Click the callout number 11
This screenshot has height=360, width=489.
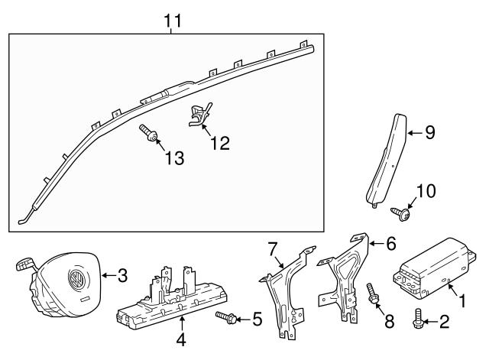coord(174,21)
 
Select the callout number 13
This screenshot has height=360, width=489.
coord(174,158)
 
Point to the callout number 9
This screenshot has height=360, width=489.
coord(429,133)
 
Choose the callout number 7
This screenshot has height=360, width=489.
coord(274,249)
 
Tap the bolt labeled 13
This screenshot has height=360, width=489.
coord(149,136)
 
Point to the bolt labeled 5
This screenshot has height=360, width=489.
coord(226,316)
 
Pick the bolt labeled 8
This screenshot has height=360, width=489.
coord(374,296)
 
